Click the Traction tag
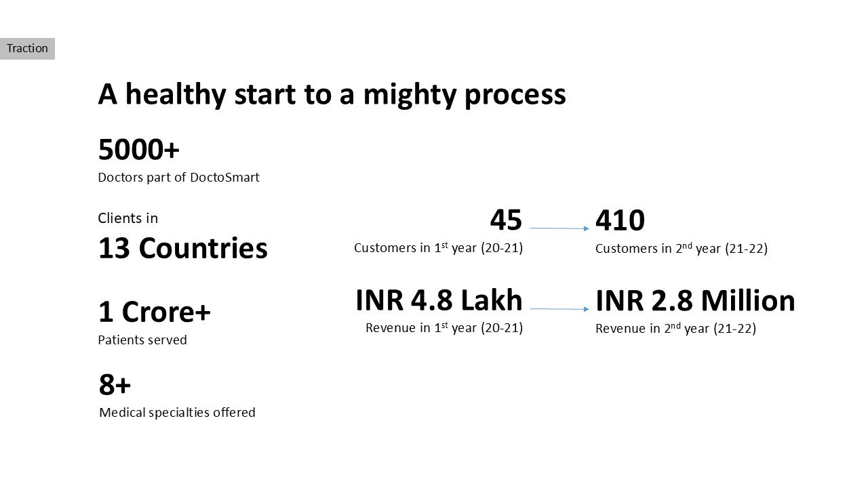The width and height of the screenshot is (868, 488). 27,48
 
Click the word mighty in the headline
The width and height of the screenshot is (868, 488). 409,96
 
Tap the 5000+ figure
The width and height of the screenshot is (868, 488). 139,150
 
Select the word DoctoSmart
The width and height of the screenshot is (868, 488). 224,177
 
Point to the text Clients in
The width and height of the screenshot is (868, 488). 128,218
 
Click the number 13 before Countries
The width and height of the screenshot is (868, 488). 114,248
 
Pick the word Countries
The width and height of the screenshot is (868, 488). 203,248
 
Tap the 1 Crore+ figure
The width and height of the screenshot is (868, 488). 155,312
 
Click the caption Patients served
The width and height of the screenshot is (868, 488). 142,340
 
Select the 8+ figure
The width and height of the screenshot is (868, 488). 115,385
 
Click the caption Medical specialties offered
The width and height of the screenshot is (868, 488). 177,412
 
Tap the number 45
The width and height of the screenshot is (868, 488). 506,220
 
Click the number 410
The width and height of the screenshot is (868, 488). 620,220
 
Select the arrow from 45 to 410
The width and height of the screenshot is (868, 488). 559,228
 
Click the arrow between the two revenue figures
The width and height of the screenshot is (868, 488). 559,308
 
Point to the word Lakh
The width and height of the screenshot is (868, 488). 492,300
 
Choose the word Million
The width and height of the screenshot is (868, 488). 748,301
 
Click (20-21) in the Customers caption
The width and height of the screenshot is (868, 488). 502,248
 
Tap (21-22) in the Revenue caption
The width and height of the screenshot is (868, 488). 735,329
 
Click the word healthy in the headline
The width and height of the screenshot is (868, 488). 176,94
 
